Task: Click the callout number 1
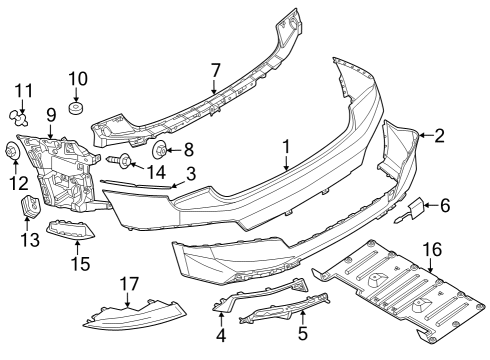(286, 146)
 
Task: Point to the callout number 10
(78, 78)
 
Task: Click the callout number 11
(22, 91)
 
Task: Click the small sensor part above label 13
(29, 207)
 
